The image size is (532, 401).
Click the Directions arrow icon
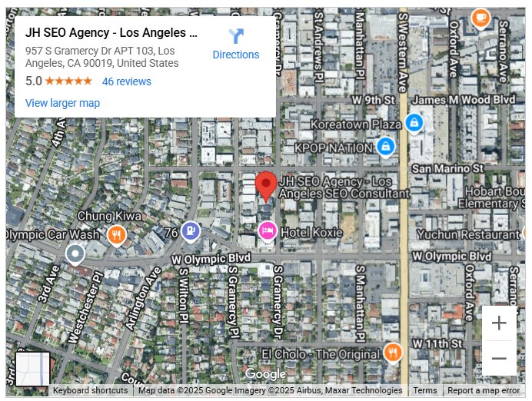click(235, 36)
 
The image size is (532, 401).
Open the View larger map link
click(62, 103)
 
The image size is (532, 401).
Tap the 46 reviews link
click(127, 81)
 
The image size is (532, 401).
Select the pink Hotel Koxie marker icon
click(267, 230)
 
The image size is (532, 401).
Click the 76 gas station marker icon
click(191, 230)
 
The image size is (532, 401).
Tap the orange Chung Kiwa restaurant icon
click(117, 234)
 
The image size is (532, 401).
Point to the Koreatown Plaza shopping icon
click(414, 123)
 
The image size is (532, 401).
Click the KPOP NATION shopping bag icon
click(386, 146)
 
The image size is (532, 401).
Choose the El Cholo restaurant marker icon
click(392, 353)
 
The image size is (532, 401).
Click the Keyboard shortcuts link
click(91, 390)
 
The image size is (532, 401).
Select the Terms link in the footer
click(424, 390)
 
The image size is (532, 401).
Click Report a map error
click(484, 390)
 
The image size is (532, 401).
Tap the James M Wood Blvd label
click(464, 101)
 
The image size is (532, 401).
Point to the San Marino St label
click(447, 167)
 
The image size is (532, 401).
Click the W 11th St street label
click(439, 341)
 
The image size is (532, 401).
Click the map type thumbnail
click(33, 370)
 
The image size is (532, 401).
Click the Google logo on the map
click(265, 374)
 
